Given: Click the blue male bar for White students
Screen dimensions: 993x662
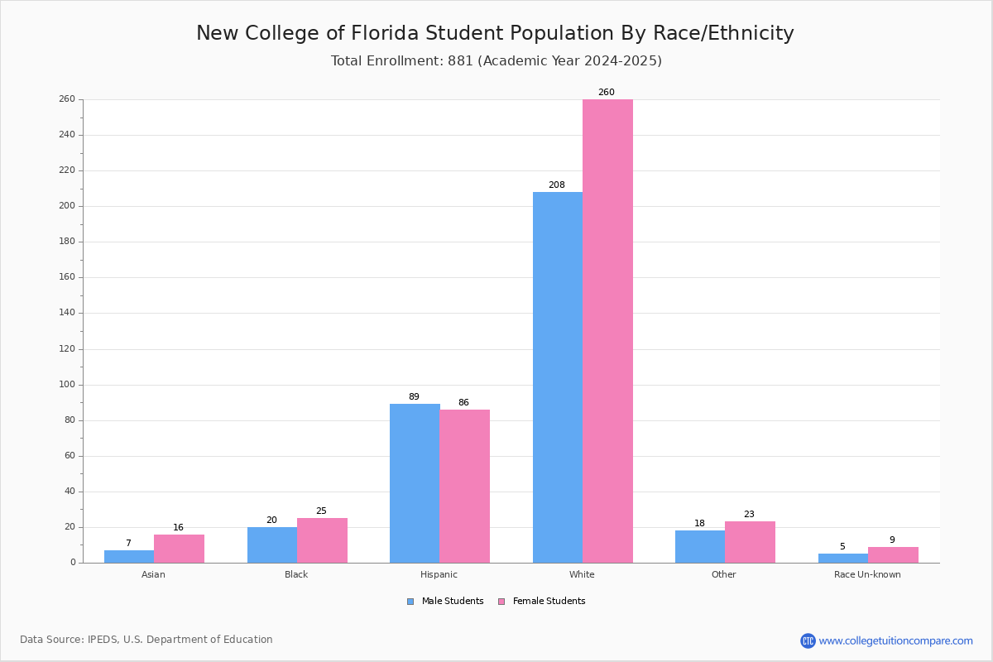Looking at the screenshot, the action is coord(558,377).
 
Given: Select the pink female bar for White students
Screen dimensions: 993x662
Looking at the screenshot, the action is coord(607,331).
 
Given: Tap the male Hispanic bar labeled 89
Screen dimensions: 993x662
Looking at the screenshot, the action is coord(415,483).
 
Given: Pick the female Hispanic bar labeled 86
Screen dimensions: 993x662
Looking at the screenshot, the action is coord(464,487).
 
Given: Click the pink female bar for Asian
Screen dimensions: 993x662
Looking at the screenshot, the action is coord(179,549).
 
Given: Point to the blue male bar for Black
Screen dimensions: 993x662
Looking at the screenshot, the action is coord(272,545).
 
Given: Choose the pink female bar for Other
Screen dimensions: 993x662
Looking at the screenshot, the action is coord(750,542).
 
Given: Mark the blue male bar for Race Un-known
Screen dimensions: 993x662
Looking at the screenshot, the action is coord(843,559).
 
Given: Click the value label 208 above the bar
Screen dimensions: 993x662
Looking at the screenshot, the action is coord(557,185).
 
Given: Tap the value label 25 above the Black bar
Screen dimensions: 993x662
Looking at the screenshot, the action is coord(321,511).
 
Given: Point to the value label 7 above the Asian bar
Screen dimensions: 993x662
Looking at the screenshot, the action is coord(128,543).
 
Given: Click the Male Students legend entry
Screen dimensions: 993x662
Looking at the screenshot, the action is coord(445,602).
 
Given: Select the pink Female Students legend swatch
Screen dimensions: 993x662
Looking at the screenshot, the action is coord(501,602).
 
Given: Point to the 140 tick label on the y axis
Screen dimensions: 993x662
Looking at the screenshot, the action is coord(67,313).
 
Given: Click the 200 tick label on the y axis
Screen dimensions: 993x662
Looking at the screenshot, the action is coord(67,206).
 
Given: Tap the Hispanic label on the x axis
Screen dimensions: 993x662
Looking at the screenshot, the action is coord(439,574).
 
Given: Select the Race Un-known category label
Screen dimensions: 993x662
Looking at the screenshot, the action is coord(867,574).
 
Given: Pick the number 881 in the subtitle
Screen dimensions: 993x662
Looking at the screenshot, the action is coord(461,60).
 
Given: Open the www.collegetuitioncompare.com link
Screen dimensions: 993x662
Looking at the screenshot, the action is coord(895,640).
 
